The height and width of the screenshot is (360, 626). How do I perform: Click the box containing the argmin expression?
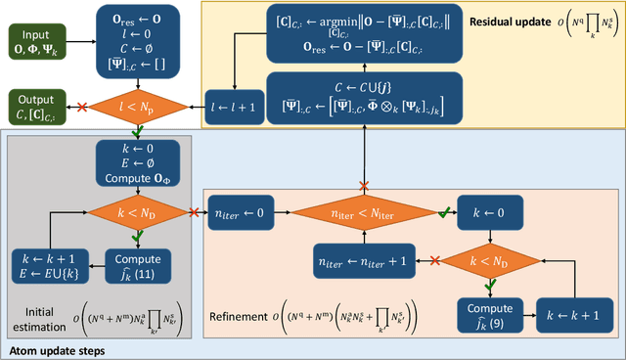pyautogui.click(x=347, y=35)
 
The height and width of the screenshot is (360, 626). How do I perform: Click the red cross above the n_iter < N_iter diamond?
pyautogui.click(x=364, y=185)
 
